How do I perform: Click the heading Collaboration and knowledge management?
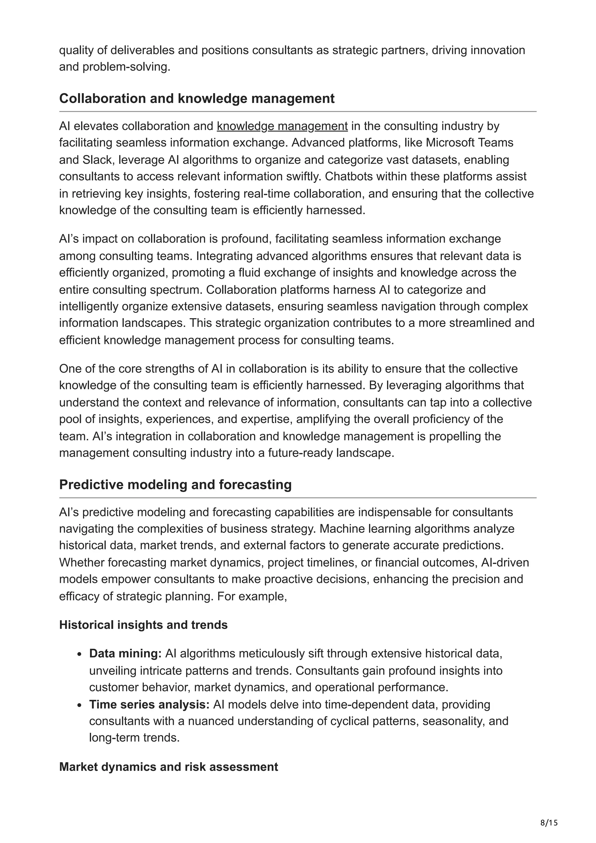[x=197, y=98]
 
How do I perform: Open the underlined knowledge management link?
[x=282, y=126]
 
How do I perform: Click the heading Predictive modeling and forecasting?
[x=175, y=485]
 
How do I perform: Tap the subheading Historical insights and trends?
[x=143, y=625]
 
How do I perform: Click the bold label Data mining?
[x=125, y=654]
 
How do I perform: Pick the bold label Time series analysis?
[x=149, y=705]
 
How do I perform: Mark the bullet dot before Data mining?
[x=80, y=654]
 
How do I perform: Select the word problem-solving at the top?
[x=126, y=67]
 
